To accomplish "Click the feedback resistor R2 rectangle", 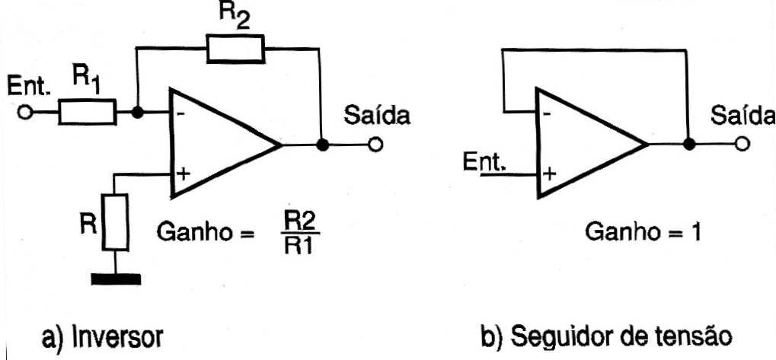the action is click(235, 49).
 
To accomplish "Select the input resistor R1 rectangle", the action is click(88, 112).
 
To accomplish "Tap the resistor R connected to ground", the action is click(115, 222).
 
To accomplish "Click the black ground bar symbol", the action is click(116, 279).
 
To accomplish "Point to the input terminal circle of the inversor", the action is click(24, 112).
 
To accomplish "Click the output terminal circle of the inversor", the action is click(375, 145).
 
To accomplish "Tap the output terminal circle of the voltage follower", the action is click(742, 144).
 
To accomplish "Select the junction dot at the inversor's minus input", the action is click(138, 112).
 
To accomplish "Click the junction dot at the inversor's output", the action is click(322, 145).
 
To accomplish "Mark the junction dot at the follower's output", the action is click(688, 144).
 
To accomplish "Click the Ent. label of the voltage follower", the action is click(485, 162).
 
